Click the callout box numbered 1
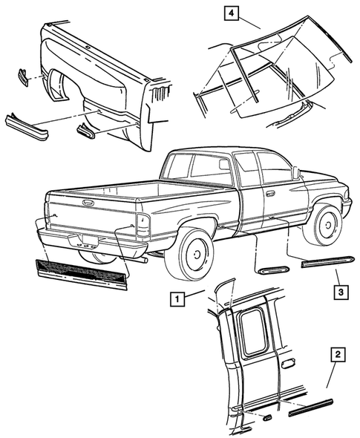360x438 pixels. (x=176, y=299)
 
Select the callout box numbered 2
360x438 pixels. (x=337, y=357)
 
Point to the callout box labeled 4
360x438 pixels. (x=232, y=13)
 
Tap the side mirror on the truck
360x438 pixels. (x=295, y=173)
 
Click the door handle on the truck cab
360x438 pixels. (x=270, y=194)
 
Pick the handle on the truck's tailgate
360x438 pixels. (x=88, y=202)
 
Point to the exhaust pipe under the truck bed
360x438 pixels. (x=140, y=261)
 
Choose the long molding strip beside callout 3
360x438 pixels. (x=327, y=261)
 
